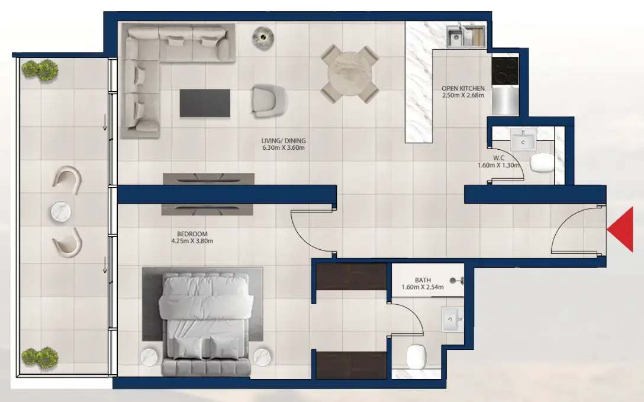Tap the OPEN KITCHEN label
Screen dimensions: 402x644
pos(463,89)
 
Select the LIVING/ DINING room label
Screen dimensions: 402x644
pos(283,141)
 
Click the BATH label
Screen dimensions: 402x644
pos(423,280)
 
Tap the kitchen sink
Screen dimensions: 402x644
pos(466,36)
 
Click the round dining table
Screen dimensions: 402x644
pos(349,74)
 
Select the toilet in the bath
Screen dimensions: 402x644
pos(417,356)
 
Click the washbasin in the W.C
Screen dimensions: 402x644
pos(523,140)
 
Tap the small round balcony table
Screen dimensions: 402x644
pos(62,211)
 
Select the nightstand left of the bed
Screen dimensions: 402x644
pos(148,357)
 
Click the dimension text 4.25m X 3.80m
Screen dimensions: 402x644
pos(191,241)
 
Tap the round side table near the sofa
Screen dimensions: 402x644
pos(262,37)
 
